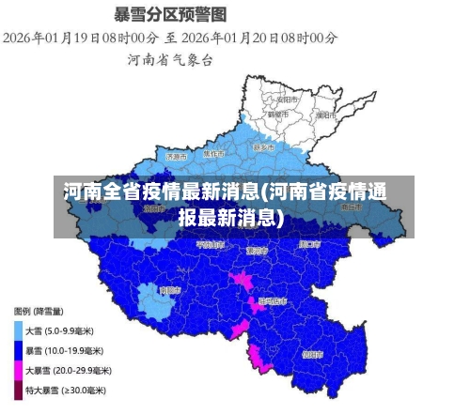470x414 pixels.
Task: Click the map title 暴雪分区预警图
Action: [x=170, y=14]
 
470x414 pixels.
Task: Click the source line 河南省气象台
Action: [x=170, y=59]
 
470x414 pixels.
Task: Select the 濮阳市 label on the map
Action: [x=325, y=115]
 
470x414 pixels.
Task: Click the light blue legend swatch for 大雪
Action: [x=19, y=330]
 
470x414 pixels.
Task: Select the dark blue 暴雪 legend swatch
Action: [x=19, y=350]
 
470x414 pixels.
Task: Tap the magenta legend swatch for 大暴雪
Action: [x=19, y=370]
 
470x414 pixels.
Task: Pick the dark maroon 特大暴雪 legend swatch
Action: [x=19, y=390]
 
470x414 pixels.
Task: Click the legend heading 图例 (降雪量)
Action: [x=39, y=311]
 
